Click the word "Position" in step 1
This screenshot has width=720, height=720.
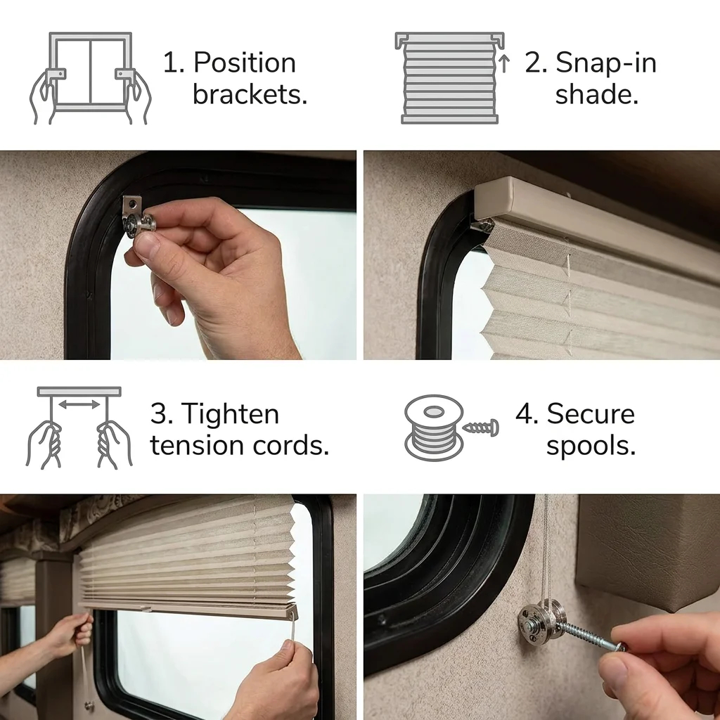click(244, 63)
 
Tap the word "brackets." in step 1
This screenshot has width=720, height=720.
click(250, 94)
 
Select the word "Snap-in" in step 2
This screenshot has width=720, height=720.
click(606, 63)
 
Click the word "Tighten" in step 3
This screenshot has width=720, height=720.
click(231, 413)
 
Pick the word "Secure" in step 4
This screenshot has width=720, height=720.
click(591, 413)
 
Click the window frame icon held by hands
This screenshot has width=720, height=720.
click(91, 72)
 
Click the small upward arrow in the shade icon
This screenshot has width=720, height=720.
click(503, 63)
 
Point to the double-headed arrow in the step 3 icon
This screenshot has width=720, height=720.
click(79, 404)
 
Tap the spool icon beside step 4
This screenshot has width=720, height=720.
click(434, 427)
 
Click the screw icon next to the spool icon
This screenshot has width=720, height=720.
click(480, 428)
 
